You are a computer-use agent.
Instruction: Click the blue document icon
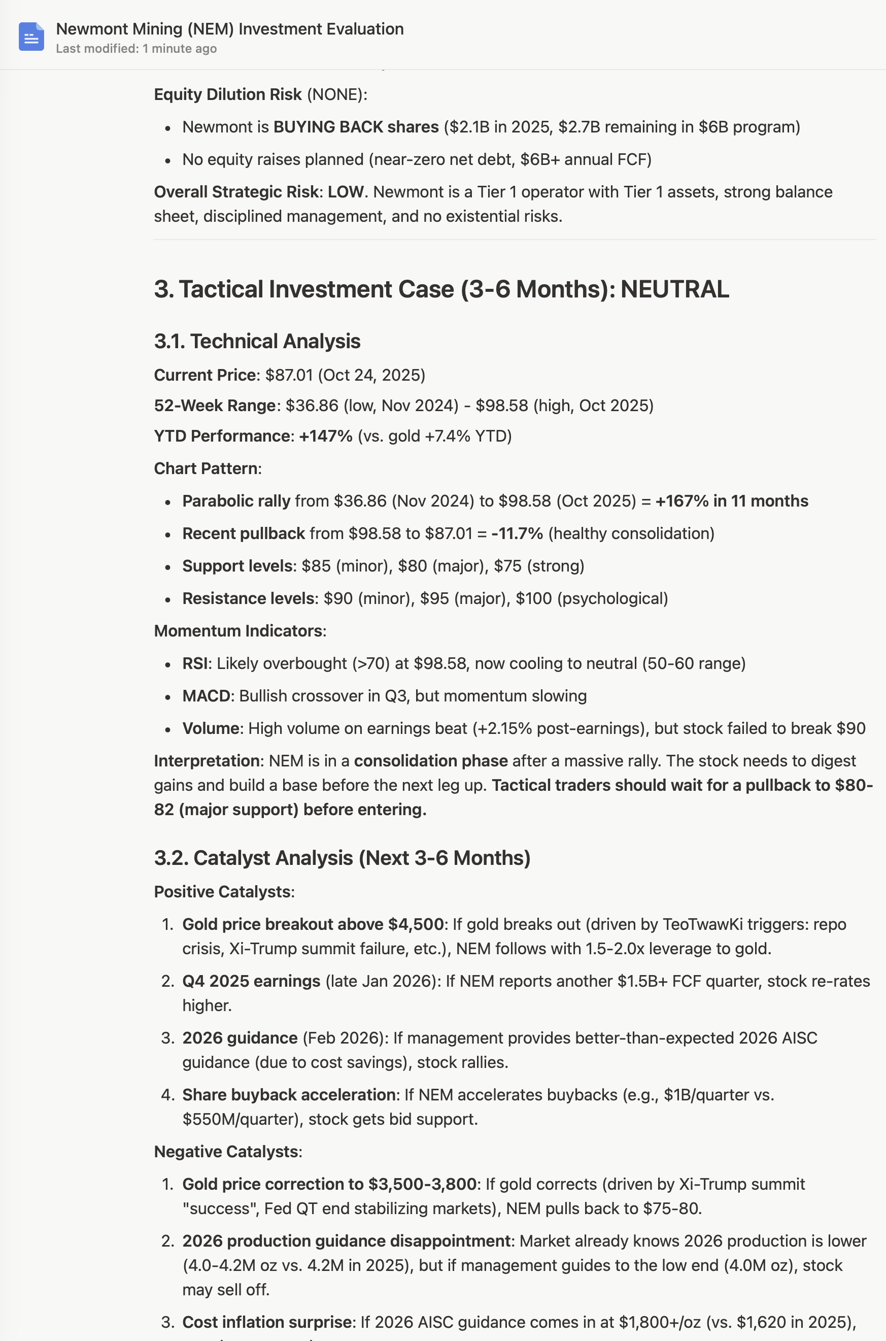point(31,37)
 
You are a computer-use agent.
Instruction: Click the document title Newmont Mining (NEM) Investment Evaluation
point(229,29)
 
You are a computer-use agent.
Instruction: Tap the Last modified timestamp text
point(136,49)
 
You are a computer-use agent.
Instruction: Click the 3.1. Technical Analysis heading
point(257,341)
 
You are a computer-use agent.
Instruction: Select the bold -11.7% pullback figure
point(517,533)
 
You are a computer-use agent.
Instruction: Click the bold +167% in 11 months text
point(732,501)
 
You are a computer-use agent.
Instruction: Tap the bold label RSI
point(194,663)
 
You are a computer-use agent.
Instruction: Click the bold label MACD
point(206,696)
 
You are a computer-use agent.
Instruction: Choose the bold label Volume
point(210,728)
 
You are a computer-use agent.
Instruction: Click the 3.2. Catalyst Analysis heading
point(342,858)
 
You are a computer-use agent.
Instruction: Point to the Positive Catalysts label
point(224,892)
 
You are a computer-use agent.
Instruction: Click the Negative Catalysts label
point(228,1152)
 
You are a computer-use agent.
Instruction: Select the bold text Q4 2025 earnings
point(251,981)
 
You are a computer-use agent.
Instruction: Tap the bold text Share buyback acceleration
point(288,1095)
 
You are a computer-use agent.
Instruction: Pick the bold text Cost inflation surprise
point(267,1322)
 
